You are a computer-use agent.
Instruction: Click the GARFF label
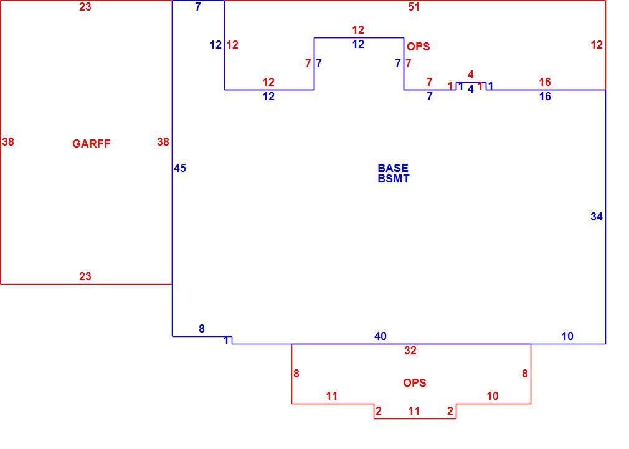(91, 144)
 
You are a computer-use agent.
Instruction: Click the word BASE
(393, 168)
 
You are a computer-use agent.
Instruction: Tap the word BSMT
(394, 179)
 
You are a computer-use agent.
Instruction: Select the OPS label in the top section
(419, 47)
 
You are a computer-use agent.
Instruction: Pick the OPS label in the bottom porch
(414, 383)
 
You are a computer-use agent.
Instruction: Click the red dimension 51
(414, 7)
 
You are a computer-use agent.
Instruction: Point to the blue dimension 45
(180, 168)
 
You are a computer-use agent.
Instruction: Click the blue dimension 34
(597, 217)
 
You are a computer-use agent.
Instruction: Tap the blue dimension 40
(381, 336)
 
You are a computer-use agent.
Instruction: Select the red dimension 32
(410, 351)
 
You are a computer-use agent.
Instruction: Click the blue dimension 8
(202, 329)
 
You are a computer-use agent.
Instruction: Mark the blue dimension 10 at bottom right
(567, 336)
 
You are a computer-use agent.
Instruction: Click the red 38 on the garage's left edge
(8, 141)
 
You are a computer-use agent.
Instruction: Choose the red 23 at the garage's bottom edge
(85, 276)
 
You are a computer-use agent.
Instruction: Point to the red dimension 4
(471, 75)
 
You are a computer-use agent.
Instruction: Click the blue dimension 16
(545, 97)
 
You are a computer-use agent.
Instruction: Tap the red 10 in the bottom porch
(492, 396)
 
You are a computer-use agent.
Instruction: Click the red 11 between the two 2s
(414, 411)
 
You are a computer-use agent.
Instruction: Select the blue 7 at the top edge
(198, 7)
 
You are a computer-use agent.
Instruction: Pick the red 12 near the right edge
(597, 45)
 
